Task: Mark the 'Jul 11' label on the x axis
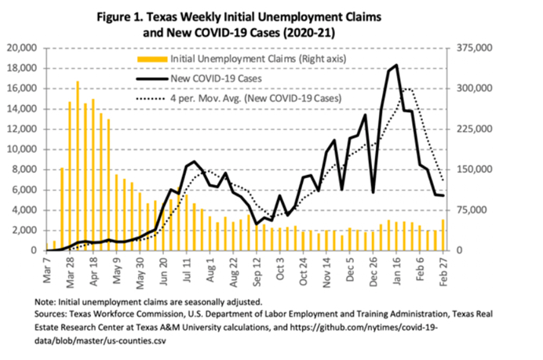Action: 189,268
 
